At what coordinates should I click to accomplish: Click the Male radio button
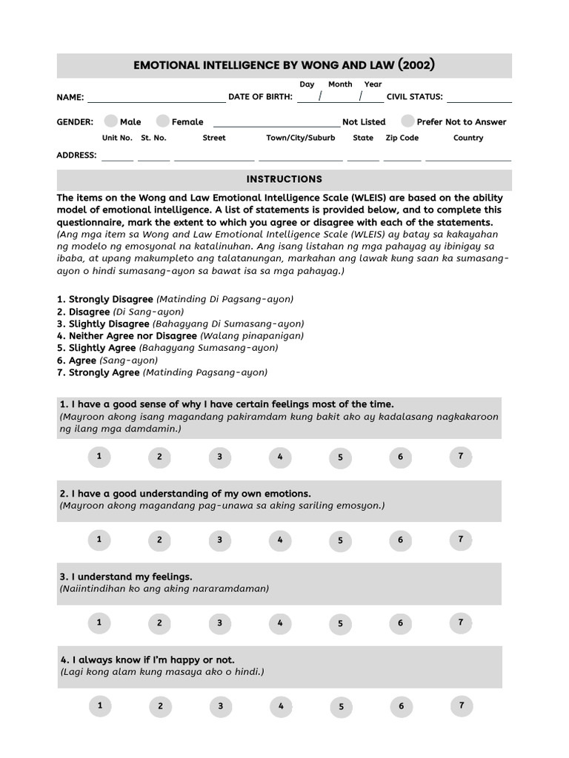pos(111,121)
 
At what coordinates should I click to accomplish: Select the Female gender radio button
pos(163,121)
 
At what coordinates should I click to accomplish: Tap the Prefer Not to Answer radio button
pos(407,121)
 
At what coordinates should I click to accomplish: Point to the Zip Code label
pos(402,138)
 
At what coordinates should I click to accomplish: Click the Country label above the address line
pos(468,138)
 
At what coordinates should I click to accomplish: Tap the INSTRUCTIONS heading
pos(284,179)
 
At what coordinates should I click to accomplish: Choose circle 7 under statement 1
pos(460,457)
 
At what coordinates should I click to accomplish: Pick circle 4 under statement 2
pos(279,540)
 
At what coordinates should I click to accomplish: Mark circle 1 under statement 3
pos(99,623)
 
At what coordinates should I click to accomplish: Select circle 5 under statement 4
pos(341,706)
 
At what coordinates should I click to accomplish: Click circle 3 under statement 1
pos(219,457)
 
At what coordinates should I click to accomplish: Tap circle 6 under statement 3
pos(400,623)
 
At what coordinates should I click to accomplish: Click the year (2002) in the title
pos(416,65)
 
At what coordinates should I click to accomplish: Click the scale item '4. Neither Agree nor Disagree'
pos(122,335)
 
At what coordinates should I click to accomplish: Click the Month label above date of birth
pos(340,84)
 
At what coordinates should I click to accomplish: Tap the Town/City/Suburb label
pos(301,138)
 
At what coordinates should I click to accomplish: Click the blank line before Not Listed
pos(276,123)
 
